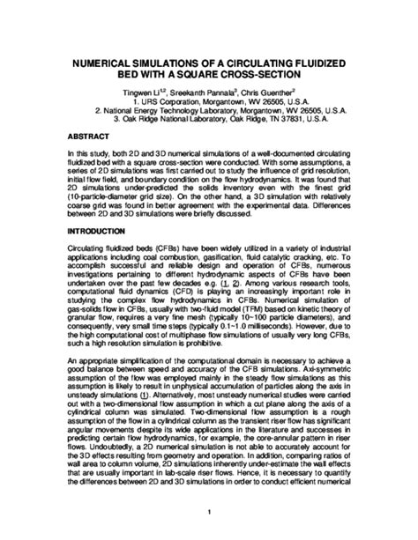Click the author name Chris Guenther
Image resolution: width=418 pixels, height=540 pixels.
[277, 94]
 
